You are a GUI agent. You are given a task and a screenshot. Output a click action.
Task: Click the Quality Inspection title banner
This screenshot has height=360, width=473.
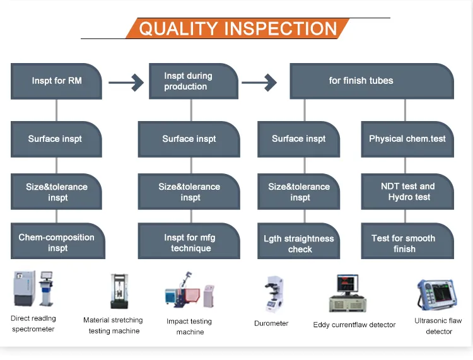pyautogui.click(x=238, y=28)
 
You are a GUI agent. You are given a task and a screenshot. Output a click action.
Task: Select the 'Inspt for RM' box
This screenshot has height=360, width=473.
pyautogui.click(x=56, y=81)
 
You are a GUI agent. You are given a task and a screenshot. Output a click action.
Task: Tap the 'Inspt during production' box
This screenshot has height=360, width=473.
pyautogui.click(x=193, y=81)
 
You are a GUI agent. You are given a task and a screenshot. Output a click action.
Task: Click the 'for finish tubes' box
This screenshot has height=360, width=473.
pyautogui.click(x=371, y=81)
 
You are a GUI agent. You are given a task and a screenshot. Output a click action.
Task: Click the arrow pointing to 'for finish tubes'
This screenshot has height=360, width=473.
pyautogui.click(x=259, y=81)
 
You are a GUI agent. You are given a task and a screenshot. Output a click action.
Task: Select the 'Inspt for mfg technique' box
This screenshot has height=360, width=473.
pyautogui.click(x=190, y=242)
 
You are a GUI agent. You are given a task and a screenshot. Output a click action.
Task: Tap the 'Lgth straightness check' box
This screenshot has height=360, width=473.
pyautogui.click(x=300, y=243)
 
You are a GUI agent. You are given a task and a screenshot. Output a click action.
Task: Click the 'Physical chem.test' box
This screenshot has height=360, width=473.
pyautogui.click(x=407, y=139)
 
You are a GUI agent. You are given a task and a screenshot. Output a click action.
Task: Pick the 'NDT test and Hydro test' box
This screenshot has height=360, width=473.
pyautogui.click(x=407, y=191)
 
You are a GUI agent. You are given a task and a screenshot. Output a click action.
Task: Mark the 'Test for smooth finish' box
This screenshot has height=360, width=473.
pyautogui.click(x=407, y=243)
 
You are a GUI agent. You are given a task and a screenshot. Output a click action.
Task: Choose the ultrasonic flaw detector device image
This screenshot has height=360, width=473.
pyautogui.click(x=437, y=295)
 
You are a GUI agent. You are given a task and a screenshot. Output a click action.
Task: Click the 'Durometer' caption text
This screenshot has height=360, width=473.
pyautogui.click(x=271, y=323)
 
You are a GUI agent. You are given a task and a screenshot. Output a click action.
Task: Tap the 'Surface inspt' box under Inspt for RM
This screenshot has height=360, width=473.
pyautogui.click(x=55, y=139)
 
